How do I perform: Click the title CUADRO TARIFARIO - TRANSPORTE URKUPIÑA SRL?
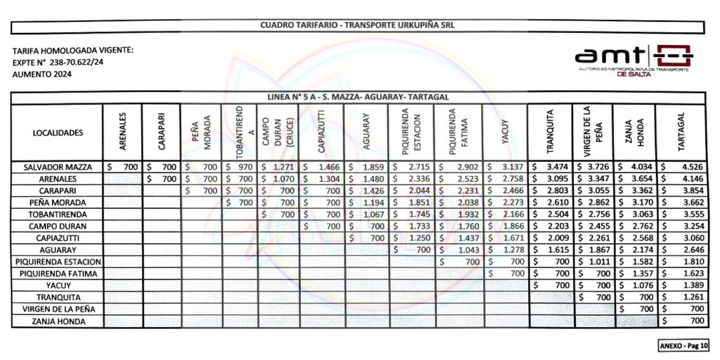[x=358, y=25]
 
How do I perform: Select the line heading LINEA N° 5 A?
[x=359, y=96]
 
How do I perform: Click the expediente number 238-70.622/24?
[x=75, y=62]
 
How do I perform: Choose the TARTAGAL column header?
[x=680, y=131]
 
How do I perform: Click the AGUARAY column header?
[x=366, y=131]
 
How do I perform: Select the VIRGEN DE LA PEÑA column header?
[x=593, y=131]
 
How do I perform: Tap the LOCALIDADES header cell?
[x=58, y=132]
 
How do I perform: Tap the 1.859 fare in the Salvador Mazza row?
[x=373, y=167]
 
